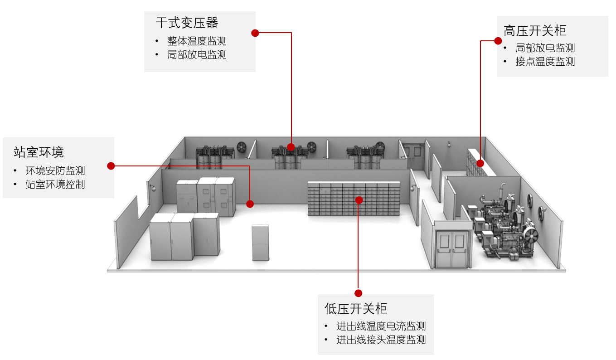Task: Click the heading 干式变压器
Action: point(187,23)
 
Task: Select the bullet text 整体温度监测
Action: point(197,41)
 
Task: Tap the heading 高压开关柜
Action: point(535,30)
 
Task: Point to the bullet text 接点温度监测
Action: point(545,62)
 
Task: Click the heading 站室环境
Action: point(39,152)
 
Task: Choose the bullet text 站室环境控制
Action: point(55,184)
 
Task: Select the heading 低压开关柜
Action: point(356,309)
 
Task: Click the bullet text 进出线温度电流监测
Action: point(381,326)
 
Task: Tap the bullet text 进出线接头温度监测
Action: point(381,340)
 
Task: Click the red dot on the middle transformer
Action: point(291,147)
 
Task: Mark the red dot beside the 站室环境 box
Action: point(111,166)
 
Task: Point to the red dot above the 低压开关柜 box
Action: point(359,293)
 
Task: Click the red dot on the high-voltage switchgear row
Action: point(480,163)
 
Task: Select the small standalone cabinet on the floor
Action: point(261,242)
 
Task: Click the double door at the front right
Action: point(451,249)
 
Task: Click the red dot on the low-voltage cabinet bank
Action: point(359,200)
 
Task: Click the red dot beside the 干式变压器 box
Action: point(255,33)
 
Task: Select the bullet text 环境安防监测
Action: point(55,171)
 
